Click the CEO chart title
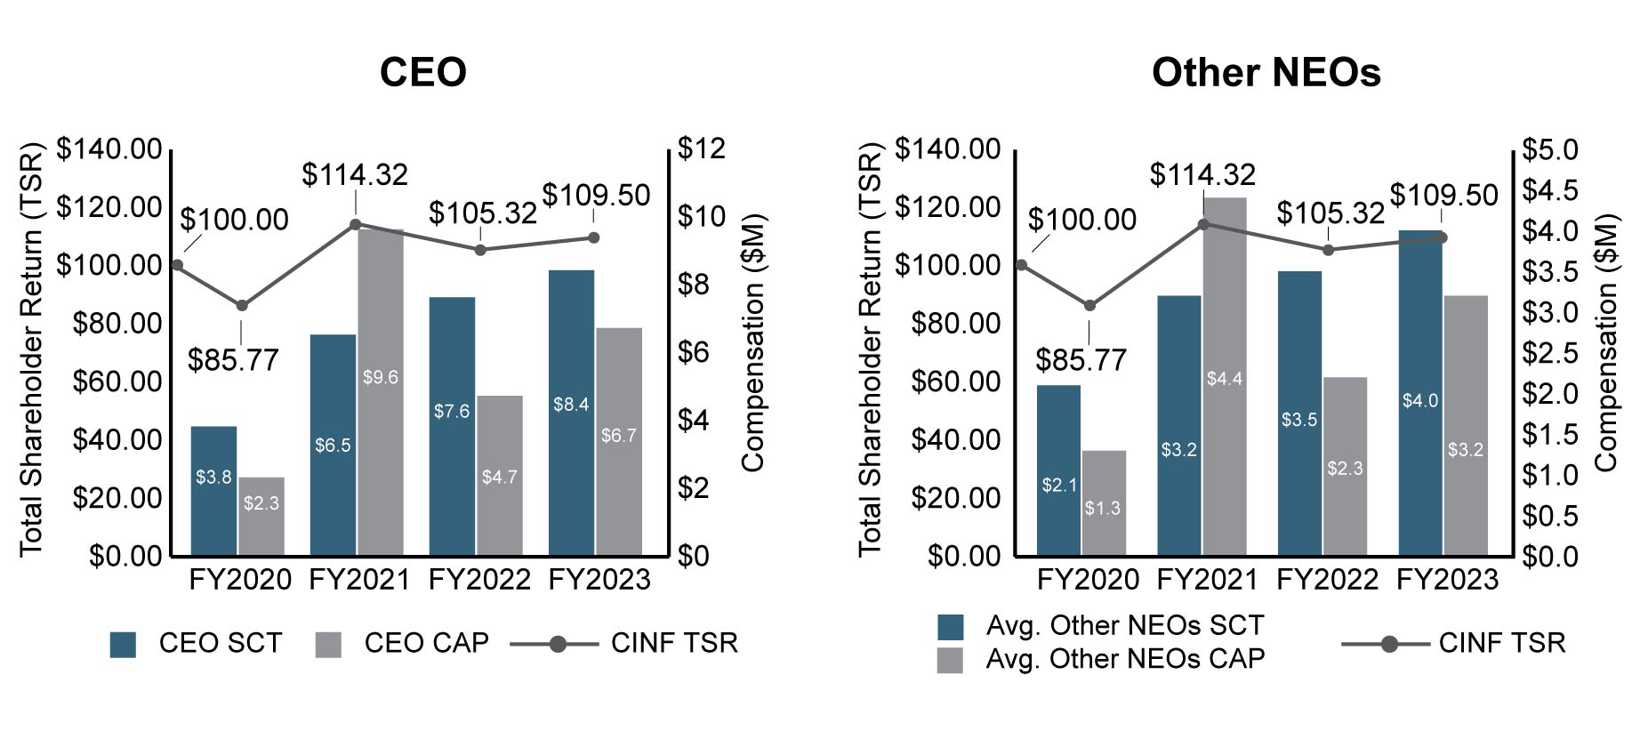click(422, 73)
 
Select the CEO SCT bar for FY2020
click(213, 491)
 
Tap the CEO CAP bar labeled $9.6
click(381, 391)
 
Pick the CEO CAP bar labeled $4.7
click(499, 476)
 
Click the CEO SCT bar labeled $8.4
click(571, 413)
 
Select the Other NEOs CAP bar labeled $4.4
click(1225, 376)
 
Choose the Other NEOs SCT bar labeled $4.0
click(1419, 392)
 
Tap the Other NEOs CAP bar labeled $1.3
click(1103, 503)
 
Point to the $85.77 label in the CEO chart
click(233, 360)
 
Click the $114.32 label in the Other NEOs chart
click(1202, 175)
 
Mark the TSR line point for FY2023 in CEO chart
click(594, 237)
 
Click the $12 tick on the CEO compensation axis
click(701, 149)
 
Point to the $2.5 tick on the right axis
click(1549, 353)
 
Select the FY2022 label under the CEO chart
click(479, 580)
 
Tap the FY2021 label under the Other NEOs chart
click(1207, 580)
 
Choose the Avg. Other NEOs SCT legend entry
click(1124, 626)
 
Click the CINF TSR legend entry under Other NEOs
click(1501, 643)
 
